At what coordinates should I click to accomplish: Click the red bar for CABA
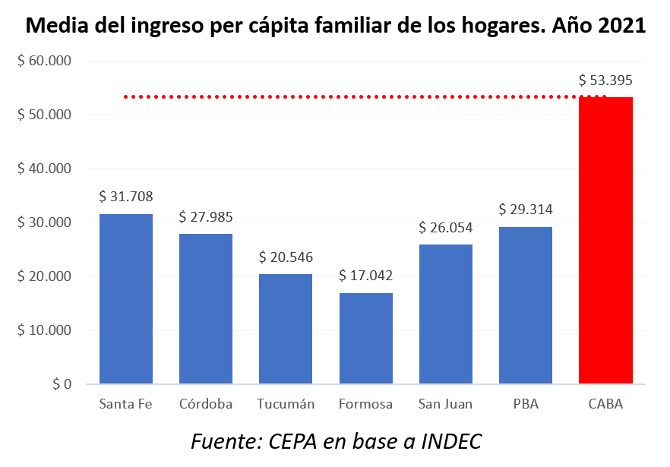pyautogui.click(x=605, y=240)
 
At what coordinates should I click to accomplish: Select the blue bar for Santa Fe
pyautogui.click(x=126, y=298)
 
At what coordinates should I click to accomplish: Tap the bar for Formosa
pyautogui.click(x=365, y=338)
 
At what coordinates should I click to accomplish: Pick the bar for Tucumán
pyautogui.click(x=286, y=329)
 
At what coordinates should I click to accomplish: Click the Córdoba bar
pyautogui.click(x=206, y=308)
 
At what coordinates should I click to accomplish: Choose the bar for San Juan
pyautogui.click(x=445, y=314)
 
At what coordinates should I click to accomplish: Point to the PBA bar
pyautogui.click(x=526, y=305)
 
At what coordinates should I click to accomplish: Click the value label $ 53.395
pyautogui.click(x=605, y=80)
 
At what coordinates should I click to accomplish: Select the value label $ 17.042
pyautogui.click(x=365, y=275)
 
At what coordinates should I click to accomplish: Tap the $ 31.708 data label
pyautogui.click(x=126, y=196)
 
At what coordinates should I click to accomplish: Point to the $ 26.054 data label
pyautogui.click(x=445, y=227)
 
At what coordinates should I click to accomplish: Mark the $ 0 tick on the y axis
pyautogui.click(x=62, y=384)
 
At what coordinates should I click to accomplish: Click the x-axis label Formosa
pyautogui.click(x=365, y=404)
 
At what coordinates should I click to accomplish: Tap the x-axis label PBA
pyautogui.click(x=526, y=404)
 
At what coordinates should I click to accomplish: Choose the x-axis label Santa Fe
pyautogui.click(x=126, y=404)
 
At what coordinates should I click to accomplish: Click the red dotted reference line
pyautogui.click(x=349, y=96)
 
